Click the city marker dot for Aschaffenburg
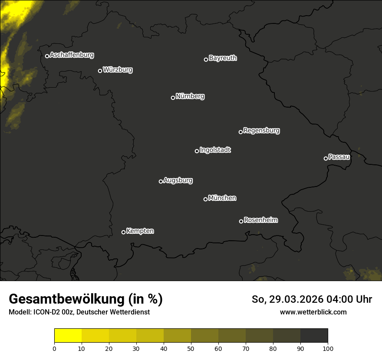(47, 56)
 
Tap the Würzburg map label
(118, 70)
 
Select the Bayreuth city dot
(206, 59)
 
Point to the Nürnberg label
(190, 96)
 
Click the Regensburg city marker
(240, 132)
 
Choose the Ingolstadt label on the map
(215, 150)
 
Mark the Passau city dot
(326, 158)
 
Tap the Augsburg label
(178, 180)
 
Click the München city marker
(205, 199)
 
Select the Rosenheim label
(260, 220)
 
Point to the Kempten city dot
(123, 232)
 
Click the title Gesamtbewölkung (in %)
(86, 299)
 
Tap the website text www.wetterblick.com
(313, 312)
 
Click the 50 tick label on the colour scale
(191, 348)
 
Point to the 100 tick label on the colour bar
(328, 348)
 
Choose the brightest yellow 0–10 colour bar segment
(68, 336)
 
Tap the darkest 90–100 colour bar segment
(314, 336)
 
